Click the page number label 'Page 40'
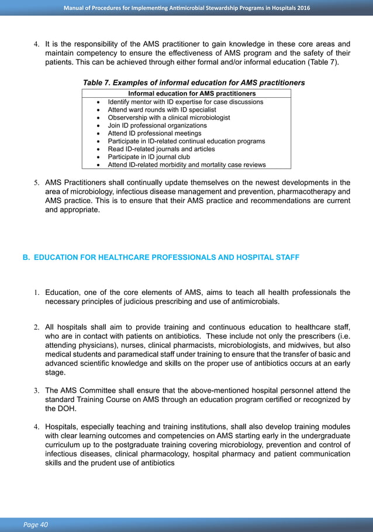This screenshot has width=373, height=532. click(x=36, y=524)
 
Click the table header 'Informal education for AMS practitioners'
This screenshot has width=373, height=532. click(x=186, y=93)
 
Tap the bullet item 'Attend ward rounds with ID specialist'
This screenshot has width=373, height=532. click(x=162, y=109)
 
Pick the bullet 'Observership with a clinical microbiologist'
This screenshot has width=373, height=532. click(x=169, y=118)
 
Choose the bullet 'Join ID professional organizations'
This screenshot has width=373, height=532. click(x=157, y=125)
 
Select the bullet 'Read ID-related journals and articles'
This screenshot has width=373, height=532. click(x=162, y=149)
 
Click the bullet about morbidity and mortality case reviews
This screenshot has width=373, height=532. click(x=186, y=165)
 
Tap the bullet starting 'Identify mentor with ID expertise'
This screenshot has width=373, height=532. click(x=185, y=102)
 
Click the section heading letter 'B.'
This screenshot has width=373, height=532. click(x=26, y=257)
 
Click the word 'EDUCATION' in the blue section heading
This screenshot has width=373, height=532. click(x=57, y=257)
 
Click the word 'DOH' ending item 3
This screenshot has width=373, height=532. click(x=65, y=409)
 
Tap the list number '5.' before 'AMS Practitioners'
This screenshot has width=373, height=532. click(x=36, y=182)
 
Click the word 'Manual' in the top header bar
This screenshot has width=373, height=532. click(x=76, y=8)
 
